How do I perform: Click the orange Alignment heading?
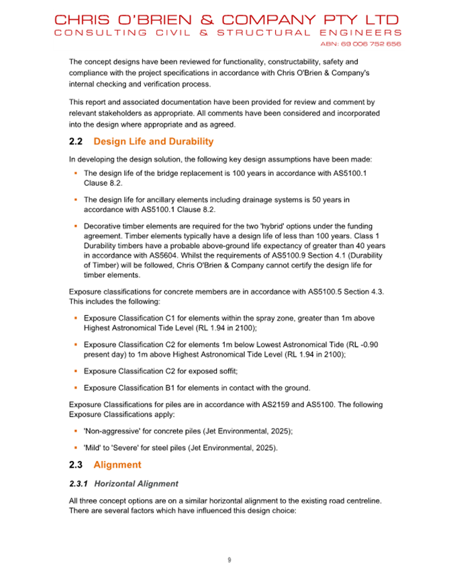117,464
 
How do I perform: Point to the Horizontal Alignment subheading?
136,483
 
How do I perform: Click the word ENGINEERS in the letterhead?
361,32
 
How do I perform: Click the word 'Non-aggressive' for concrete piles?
113,433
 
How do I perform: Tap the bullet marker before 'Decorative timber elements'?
77,227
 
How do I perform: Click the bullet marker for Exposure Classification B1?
77,387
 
